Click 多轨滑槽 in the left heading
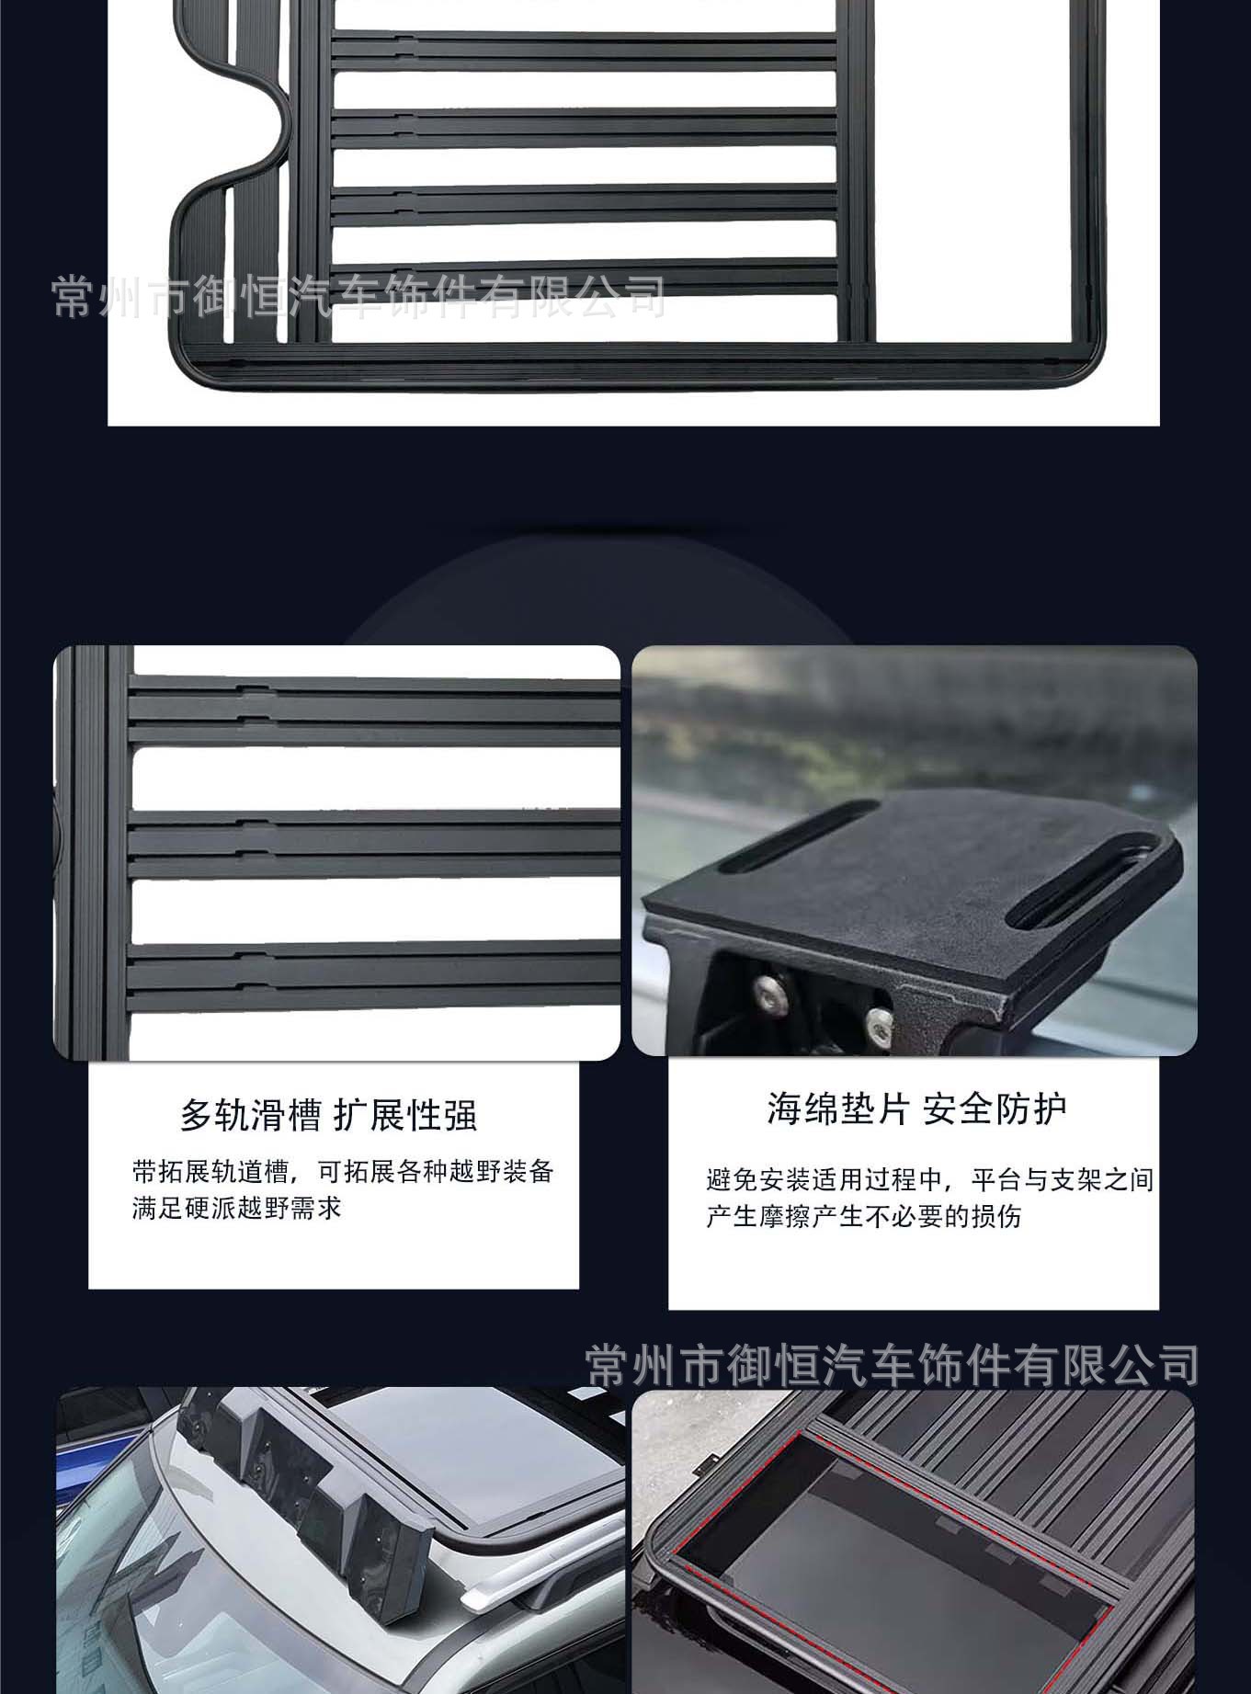(250, 1115)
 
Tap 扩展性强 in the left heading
(406, 1115)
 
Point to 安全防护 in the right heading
(995, 1108)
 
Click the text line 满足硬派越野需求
(237, 1208)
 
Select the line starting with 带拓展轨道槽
(343, 1172)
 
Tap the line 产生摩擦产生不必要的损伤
(864, 1217)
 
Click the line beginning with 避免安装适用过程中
(930, 1179)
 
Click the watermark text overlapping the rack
(358, 296)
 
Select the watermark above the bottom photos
(893, 1364)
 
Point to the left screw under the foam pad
(769, 989)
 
